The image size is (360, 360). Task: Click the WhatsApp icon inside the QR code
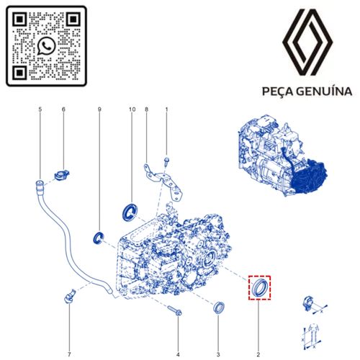coord(46,46)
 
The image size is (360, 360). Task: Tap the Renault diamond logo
coord(307,42)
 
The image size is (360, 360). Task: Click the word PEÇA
coord(276,91)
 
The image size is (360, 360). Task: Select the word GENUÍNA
coord(324,91)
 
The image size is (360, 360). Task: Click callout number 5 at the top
coord(40,109)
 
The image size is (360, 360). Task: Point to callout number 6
coord(63,109)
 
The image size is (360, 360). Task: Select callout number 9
coord(99,109)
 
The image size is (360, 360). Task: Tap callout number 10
coord(132,109)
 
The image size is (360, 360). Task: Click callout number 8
coord(146,109)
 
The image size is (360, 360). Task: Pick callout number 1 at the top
coord(166,109)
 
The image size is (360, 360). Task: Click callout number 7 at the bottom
coord(69,354)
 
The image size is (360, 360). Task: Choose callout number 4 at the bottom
coord(178,354)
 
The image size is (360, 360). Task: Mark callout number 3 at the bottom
coord(218,354)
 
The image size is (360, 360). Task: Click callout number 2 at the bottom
coord(258,354)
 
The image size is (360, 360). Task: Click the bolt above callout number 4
coord(175,310)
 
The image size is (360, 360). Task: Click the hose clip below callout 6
coord(62,174)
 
